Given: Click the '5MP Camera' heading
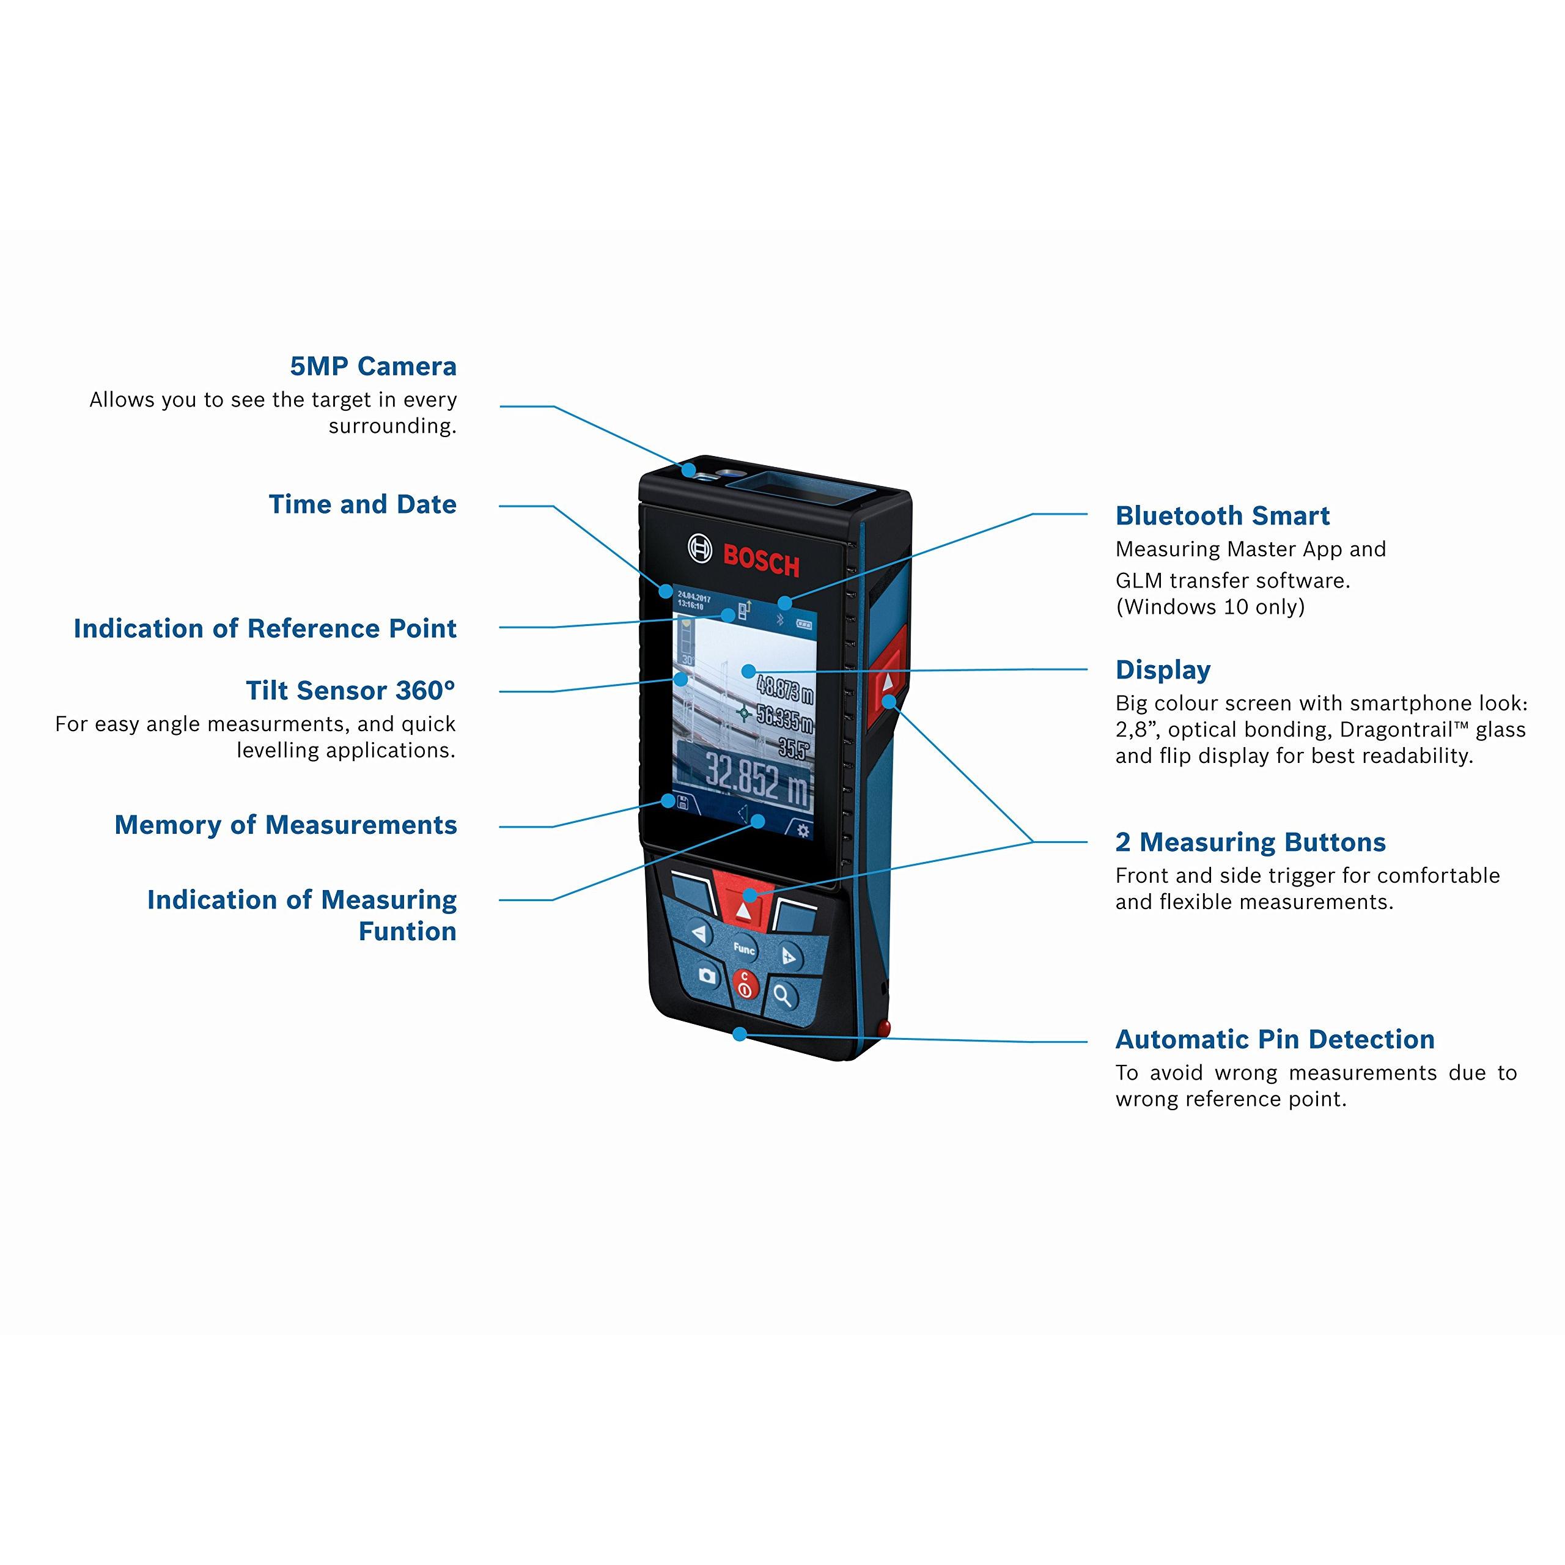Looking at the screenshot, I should point(373,366).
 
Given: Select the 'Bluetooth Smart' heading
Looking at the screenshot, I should point(1223,516).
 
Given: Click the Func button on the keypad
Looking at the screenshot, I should point(743,947).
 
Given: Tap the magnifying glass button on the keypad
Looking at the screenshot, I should point(782,995).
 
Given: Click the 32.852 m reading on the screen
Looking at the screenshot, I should point(757,780).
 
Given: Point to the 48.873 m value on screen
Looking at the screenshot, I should point(784,690).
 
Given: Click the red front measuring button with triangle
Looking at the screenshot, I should point(743,905).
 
